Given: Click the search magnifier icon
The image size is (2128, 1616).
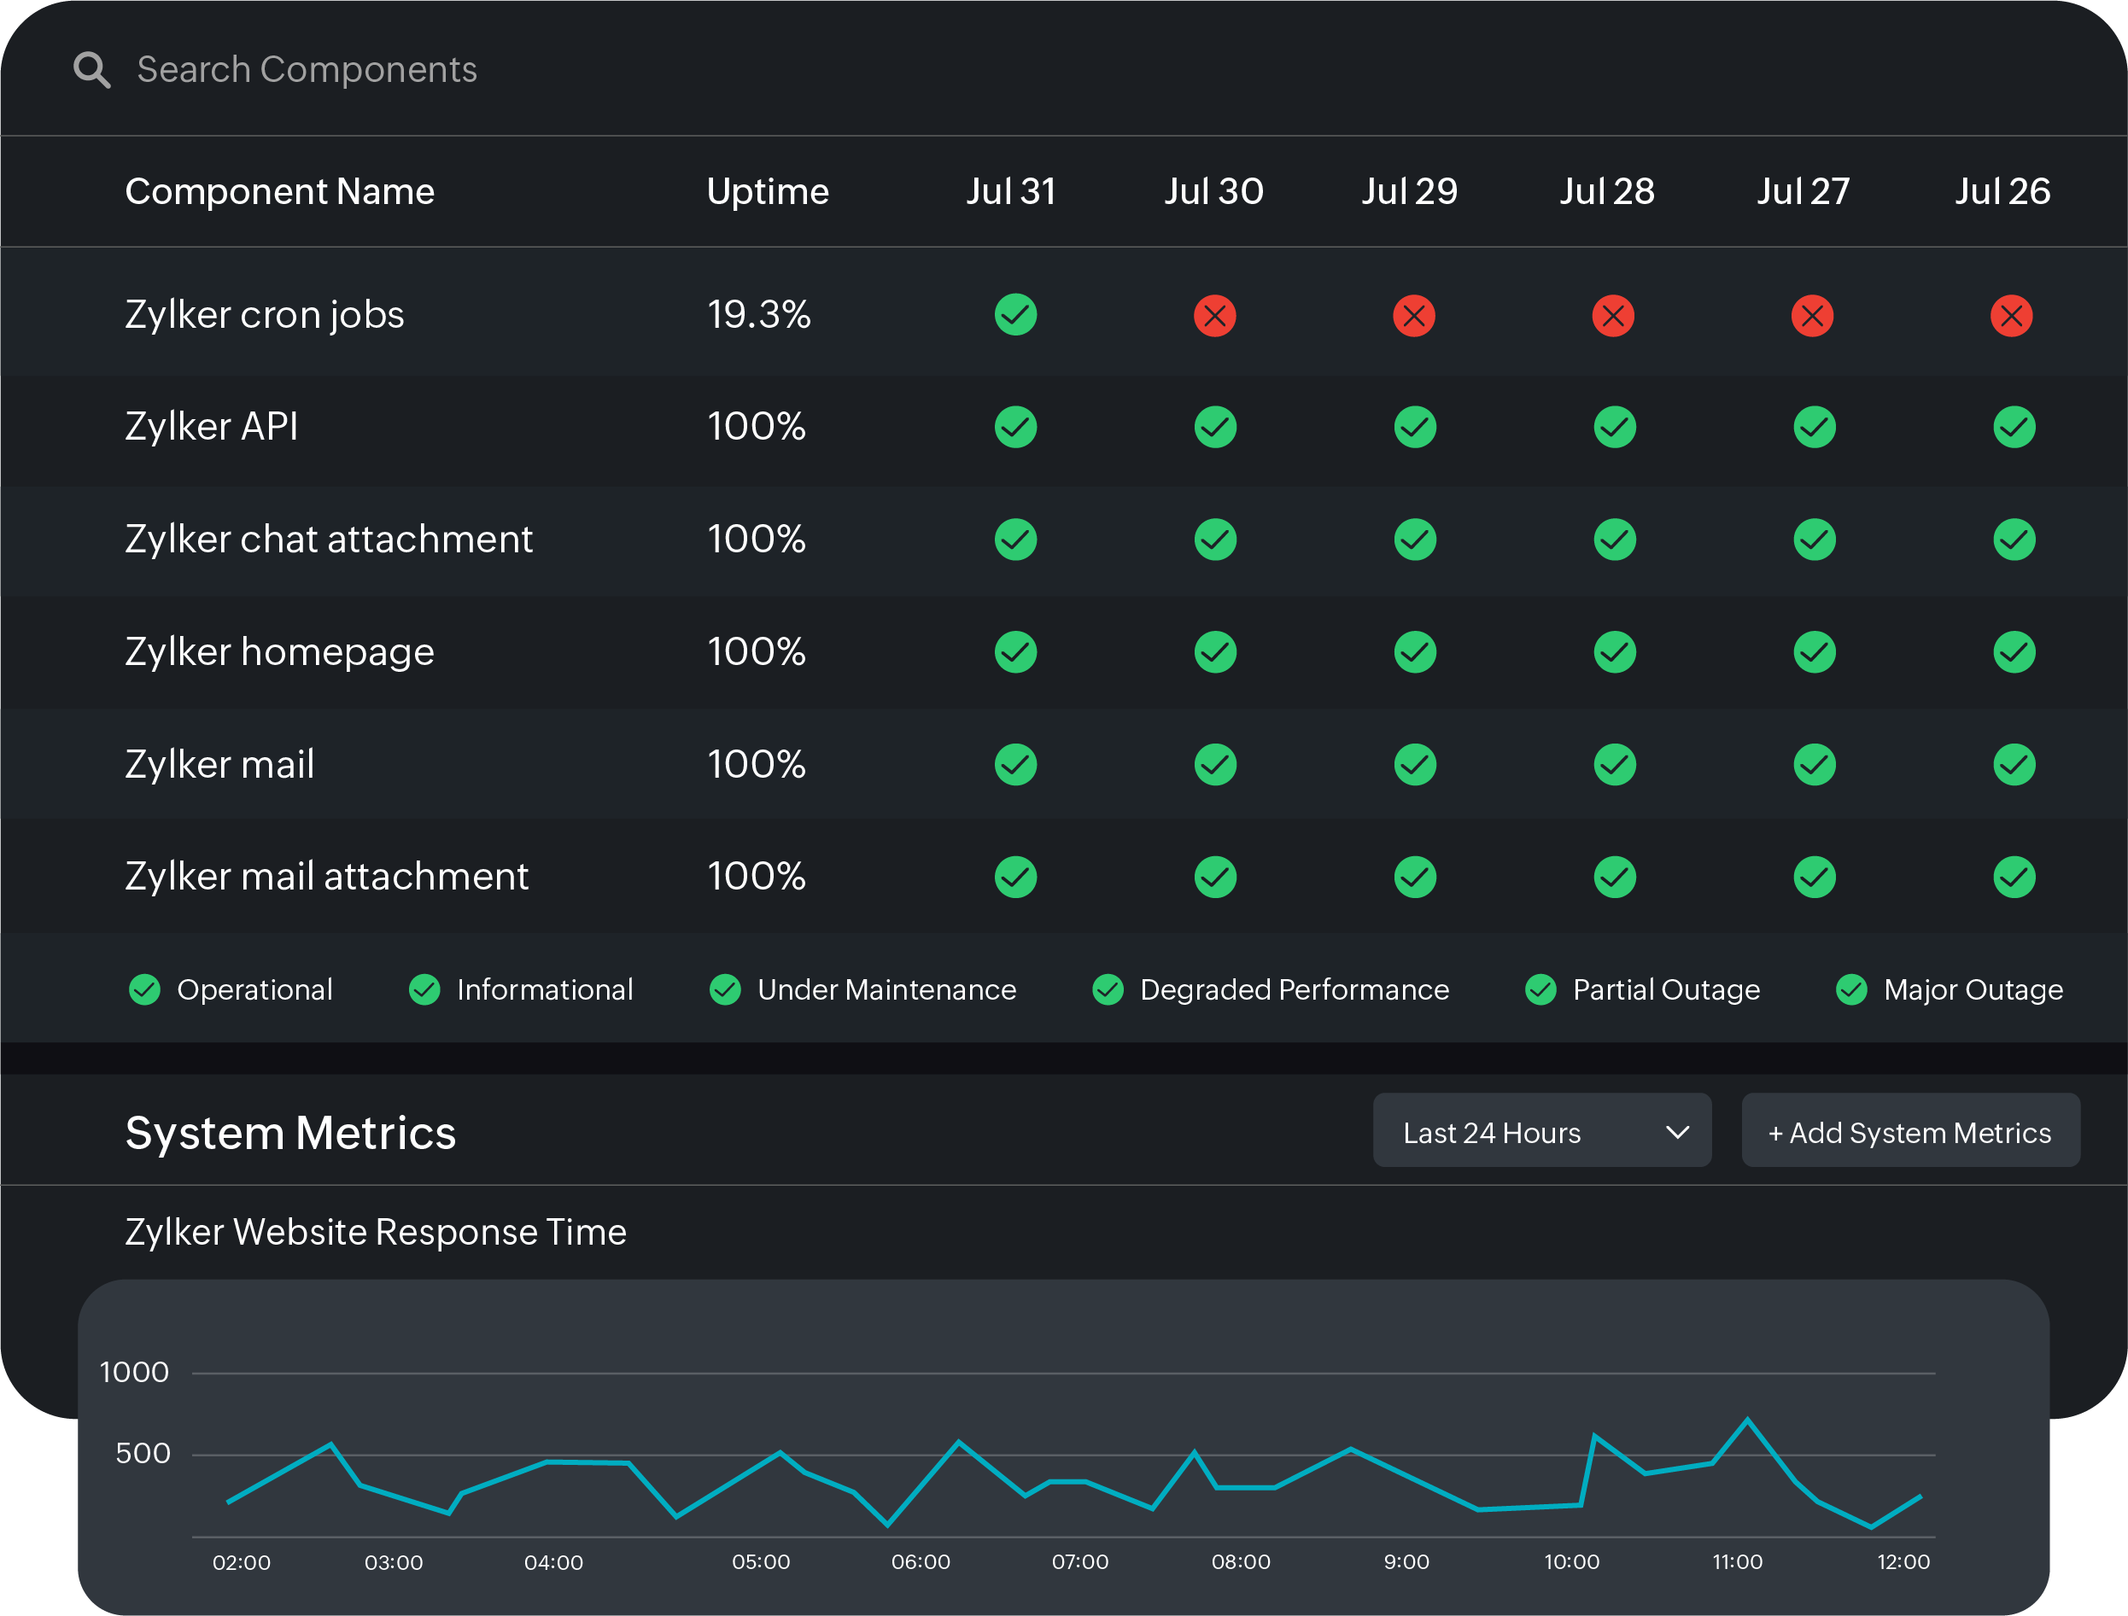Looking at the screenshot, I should click(92, 70).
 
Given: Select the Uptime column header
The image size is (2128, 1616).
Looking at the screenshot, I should click(767, 191).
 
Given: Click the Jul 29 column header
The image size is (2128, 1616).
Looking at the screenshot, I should click(1409, 191).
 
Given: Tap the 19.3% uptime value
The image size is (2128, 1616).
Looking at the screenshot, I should click(758, 314).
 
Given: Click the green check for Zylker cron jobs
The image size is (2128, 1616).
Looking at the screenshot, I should click(1015, 314).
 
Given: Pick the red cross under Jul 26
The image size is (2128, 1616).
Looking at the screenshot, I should click(2011, 316).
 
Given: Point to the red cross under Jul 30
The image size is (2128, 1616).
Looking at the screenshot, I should click(1214, 316).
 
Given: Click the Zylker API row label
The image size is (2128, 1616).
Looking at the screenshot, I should click(212, 426).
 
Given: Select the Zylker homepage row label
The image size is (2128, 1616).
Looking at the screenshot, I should click(279, 652).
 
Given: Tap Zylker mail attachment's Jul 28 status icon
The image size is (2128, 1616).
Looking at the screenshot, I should click(1614, 877).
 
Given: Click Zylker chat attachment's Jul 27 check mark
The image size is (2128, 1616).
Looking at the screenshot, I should click(1814, 540).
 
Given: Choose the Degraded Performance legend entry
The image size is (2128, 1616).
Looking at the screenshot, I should click(1270, 989).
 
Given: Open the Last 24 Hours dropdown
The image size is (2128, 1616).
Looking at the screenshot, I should click(1541, 1131).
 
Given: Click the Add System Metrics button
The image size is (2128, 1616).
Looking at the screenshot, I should click(1909, 1131).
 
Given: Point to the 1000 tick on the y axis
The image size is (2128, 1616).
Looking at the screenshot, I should click(135, 1373).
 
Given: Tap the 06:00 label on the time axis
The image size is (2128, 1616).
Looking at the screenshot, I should click(921, 1562).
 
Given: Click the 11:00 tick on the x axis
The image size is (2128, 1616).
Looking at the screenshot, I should click(1738, 1562).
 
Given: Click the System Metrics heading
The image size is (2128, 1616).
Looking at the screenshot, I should click(290, 1133).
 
